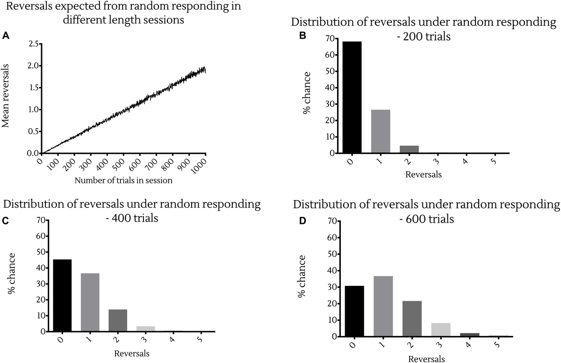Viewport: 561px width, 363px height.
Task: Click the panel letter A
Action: [x=6, y=35]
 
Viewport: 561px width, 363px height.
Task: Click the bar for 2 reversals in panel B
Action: [x=410, y=149]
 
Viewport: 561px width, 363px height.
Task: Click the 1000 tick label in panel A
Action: [x=200, y=165]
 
